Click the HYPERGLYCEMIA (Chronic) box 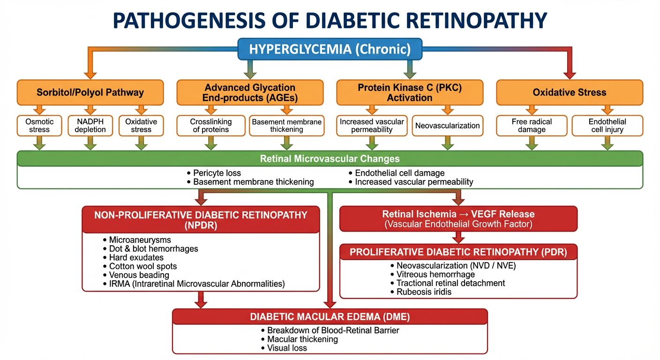click(330, 49)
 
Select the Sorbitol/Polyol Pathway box click(90, 92)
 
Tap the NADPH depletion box click(90, 125)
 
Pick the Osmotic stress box click(39, 125)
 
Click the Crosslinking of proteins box click(211, 125)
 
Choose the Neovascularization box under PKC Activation click(448, 126)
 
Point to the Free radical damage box click(532, 125)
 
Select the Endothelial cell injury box click(607, 125)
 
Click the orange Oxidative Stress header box click(570, 92)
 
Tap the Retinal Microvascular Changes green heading click(330, 158)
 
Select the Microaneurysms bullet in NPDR click(140, 240)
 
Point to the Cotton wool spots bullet click(143, 266)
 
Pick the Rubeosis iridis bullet click(424, 292)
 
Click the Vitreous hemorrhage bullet click(435, 274)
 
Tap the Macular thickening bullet click(302, 339)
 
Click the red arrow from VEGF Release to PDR click(458, 237)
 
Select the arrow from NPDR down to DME click(201, 300)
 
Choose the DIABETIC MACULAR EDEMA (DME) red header click(330, 317)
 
